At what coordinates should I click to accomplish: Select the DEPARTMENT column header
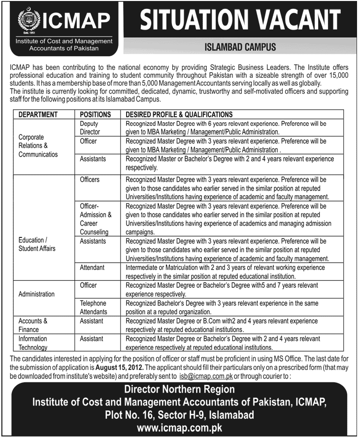click(x=38, y=114)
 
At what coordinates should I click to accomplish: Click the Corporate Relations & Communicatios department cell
click(x=38, y=145)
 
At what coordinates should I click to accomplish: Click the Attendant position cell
click(x=92, y=268)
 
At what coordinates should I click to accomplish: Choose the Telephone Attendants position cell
click(x=93, y=307)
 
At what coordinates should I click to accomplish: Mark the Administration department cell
click(x=37, y=294)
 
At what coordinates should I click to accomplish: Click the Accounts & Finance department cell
click(x=33, y=325)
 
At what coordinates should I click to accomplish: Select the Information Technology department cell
click(x=33, y=343)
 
